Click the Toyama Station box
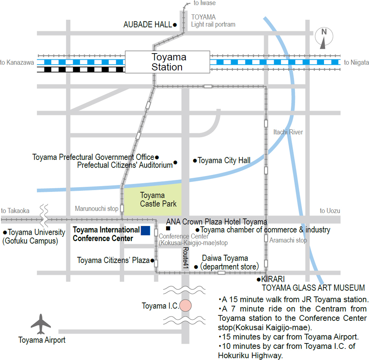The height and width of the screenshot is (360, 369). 167,62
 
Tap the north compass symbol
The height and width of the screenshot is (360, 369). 324,37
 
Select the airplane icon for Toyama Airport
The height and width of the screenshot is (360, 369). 41,324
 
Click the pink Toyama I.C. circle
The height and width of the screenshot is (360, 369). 186,305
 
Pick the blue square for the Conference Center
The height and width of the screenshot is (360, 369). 145,230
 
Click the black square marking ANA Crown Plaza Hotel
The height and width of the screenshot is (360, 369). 168,228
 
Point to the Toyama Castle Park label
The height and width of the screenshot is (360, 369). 158,199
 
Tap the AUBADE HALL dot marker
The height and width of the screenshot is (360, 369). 175,25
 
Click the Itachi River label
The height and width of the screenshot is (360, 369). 288,132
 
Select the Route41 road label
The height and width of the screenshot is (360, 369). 186,258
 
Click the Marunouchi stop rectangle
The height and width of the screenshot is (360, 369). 122,208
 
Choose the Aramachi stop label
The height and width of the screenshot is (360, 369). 288,240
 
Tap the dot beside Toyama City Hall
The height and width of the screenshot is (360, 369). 195,161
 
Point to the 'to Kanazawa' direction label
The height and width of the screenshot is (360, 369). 17,62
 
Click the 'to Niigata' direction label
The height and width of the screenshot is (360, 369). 356,62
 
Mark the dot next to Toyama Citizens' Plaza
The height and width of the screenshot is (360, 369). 152,260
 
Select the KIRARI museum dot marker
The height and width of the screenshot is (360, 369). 259,280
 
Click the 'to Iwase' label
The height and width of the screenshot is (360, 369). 204,3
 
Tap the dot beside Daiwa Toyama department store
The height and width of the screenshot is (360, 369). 196,267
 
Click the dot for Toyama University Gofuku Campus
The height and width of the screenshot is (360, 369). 5,232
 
